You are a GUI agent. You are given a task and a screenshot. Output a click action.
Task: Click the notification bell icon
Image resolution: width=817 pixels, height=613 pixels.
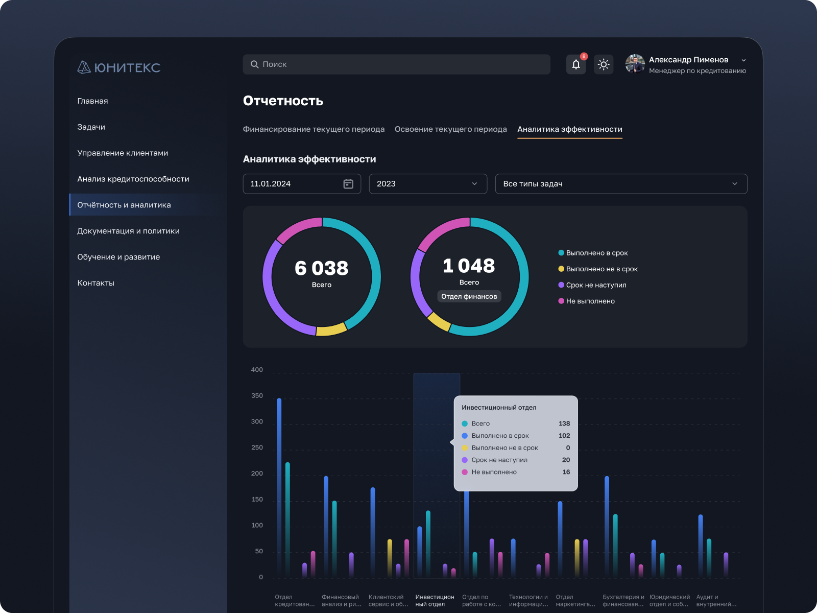576,64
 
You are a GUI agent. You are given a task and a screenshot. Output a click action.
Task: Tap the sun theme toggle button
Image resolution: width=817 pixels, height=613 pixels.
604,64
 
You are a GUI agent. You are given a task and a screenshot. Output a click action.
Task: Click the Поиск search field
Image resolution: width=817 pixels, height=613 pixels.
396,64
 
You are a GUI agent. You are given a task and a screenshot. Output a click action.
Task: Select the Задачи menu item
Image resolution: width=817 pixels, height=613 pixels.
91,127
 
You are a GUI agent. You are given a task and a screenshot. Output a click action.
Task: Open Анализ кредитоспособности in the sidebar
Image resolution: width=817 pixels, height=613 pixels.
133,179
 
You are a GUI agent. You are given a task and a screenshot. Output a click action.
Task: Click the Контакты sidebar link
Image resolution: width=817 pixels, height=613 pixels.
96,283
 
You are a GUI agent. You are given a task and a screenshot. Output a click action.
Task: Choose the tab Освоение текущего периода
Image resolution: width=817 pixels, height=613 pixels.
450,129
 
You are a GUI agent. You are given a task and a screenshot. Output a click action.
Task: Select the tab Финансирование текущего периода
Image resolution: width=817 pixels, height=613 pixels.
314,129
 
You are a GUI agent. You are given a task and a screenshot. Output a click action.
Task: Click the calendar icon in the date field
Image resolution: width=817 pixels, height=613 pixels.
348,184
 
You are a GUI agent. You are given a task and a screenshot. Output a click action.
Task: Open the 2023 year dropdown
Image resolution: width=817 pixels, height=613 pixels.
427,184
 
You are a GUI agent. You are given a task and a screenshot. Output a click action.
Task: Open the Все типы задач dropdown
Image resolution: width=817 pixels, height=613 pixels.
620,184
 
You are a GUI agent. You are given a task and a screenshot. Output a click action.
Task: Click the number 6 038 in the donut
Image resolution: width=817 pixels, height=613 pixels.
321,268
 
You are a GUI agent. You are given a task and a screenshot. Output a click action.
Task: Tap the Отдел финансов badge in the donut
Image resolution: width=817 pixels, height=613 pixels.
469,297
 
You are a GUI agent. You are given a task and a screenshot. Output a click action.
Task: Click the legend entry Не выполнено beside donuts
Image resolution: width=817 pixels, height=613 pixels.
590,301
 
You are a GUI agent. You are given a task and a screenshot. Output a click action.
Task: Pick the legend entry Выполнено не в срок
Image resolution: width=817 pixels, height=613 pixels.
601,269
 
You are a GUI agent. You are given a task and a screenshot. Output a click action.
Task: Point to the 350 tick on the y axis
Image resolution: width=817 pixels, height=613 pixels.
257,396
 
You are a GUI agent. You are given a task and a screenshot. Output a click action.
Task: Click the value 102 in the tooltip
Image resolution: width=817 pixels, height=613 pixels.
564,436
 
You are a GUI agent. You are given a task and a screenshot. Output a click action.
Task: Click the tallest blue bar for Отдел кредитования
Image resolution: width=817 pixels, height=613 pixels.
279,485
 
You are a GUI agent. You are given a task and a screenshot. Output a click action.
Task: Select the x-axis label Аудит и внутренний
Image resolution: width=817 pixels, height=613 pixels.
716,601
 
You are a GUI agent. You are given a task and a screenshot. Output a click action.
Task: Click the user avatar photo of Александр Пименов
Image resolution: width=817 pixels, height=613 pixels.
635,64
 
